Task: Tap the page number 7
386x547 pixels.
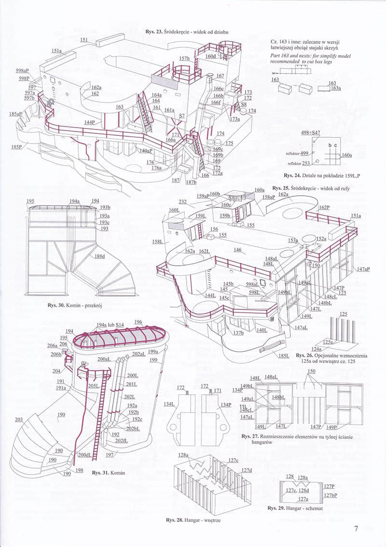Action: (x=356, y=528)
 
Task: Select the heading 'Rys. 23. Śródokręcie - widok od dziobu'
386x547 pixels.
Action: (x=187, y=31)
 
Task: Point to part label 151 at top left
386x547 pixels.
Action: (x=83, y=41)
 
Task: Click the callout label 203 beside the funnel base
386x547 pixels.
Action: (x=19, y=419)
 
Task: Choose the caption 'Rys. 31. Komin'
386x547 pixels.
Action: (x=108, y=473)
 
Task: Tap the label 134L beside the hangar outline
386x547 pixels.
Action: (x=169, y=403)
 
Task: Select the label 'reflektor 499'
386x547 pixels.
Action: (x=297, y=153)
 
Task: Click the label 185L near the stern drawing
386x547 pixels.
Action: (x=284, y=356)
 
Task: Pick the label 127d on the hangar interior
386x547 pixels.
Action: (x=247, y=470)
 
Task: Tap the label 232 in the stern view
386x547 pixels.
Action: (x=183, y=202)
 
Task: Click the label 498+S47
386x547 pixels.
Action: (x=310, y=132)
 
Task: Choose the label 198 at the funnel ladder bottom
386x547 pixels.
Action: (x=79, y=470)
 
